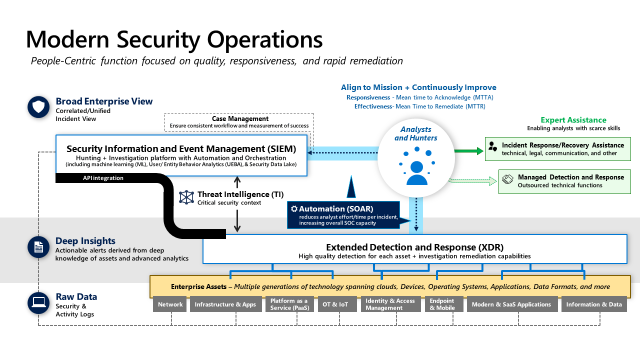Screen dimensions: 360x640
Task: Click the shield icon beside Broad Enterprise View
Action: [38, 107]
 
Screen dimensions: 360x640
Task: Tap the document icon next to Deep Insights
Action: [38, 247]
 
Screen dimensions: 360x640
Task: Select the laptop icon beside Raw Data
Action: [38, 302]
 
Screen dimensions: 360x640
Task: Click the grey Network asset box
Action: [170, 304]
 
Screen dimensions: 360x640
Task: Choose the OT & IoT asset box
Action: [337, 304]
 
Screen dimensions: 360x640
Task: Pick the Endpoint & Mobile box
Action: [442, 304]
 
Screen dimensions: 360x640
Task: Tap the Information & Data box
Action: [594, 304]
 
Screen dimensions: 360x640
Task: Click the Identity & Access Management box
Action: [390, 304]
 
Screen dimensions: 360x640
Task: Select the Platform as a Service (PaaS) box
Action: [289, 304]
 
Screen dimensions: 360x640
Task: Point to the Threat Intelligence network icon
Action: [186, 197]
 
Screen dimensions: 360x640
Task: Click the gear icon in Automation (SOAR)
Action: [294, 208]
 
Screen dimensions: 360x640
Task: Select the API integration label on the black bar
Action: [103, 178]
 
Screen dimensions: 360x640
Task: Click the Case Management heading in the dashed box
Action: [240, 118]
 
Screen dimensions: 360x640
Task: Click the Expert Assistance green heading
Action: [573, 120]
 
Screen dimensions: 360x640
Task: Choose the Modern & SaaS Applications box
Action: [511, 304]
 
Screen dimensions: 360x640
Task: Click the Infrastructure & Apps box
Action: [225, 304]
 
